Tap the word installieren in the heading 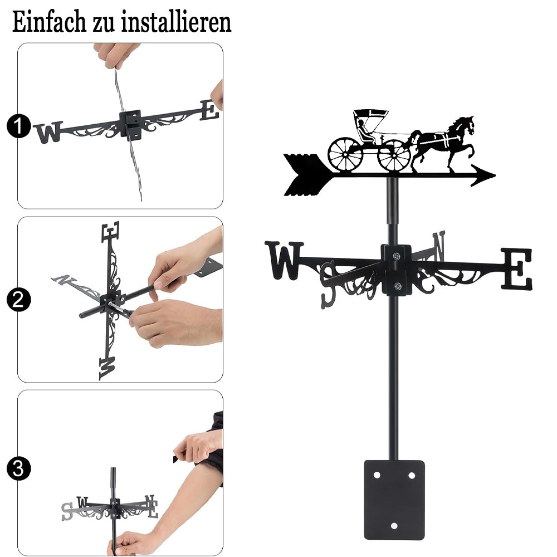(176, 22)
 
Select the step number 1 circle (18, 126)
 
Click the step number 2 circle (18, 300)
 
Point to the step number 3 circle (18, 468)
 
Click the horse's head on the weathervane (466, 124)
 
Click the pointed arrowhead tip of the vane (495, 175)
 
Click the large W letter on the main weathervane (285, 260)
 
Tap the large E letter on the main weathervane (517, 268)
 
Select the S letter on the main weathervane (328, 285)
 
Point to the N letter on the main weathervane (439, 246)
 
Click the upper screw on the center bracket (397, 256)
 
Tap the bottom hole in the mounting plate (394, 526)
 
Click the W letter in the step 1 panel (48, 132)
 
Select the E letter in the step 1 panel (209, 110)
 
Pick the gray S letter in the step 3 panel (67, 511)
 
